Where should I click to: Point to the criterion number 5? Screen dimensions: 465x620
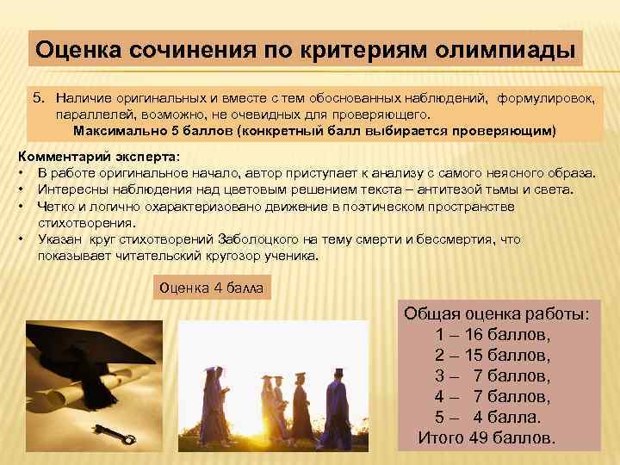[38, 100]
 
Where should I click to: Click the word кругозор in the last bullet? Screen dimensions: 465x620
[214, 256]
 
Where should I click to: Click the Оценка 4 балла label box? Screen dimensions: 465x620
[211, 288]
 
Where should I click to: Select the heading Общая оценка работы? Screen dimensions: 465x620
[497, 313]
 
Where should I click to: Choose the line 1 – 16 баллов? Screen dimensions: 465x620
[493, 334]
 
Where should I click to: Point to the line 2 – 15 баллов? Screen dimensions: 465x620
[493, 355]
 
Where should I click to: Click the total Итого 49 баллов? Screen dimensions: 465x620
[487, 437]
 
